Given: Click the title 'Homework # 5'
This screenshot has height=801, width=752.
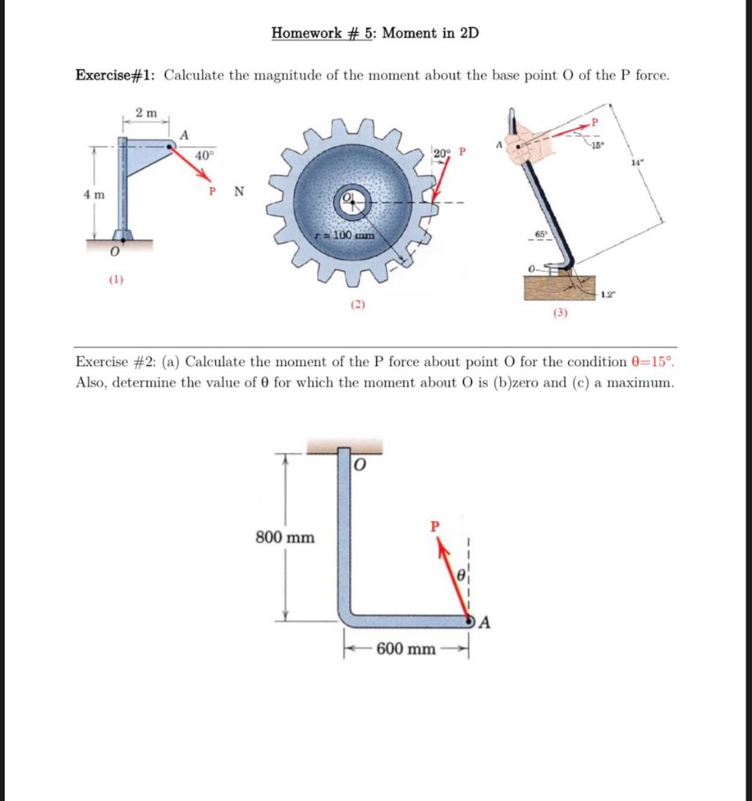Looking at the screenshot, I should click(324, 33).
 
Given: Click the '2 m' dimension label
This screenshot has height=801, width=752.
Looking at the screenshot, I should click(146, 113).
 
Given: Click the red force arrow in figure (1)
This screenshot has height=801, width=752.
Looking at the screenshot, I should click(192, 164).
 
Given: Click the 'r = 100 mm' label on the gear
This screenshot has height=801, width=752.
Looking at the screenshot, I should click(342, 235).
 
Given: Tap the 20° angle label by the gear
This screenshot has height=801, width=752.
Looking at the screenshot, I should click(442, 152).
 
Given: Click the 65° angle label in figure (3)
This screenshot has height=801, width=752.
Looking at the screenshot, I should click(540, 234).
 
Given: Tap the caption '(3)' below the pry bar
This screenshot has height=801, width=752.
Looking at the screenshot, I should click(560, 313).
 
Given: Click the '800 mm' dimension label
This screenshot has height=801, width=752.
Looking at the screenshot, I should click(286, 537).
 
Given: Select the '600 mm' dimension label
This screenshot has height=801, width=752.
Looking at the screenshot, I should click(406, 649).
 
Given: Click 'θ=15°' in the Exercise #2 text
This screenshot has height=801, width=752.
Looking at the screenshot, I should click(651, 362).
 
